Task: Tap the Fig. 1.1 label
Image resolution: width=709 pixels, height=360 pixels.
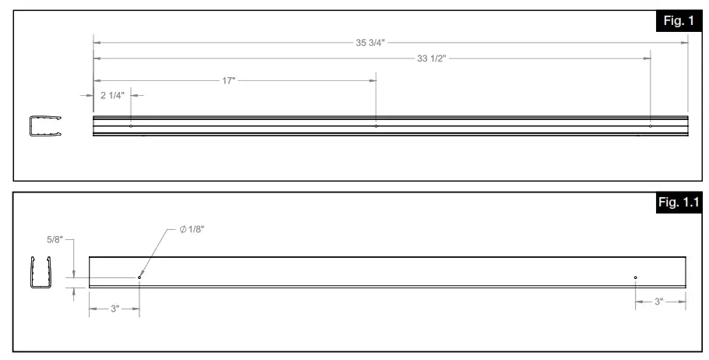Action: (679, 205)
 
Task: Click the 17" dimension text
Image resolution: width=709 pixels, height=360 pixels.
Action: (228, 80)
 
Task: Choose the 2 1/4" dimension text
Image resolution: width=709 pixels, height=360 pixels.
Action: (112, 95)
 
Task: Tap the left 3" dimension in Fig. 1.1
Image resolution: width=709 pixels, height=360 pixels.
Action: (114, 309)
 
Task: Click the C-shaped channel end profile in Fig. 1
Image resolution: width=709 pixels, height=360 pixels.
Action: (45, 125)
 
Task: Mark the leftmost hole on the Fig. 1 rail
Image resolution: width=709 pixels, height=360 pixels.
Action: (131, 125)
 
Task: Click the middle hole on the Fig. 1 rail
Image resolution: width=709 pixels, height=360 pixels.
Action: (376, 125)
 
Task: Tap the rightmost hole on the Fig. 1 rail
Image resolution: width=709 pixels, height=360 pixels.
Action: (651, 125)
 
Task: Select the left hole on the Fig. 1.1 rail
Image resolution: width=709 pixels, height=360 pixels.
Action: (139, 277)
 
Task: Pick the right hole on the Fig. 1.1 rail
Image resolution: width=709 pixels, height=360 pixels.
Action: (636, 277)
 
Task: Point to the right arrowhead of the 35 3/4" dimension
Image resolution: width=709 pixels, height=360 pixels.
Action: (686, 43)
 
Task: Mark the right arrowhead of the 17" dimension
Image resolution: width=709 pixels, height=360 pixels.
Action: (373, 80)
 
